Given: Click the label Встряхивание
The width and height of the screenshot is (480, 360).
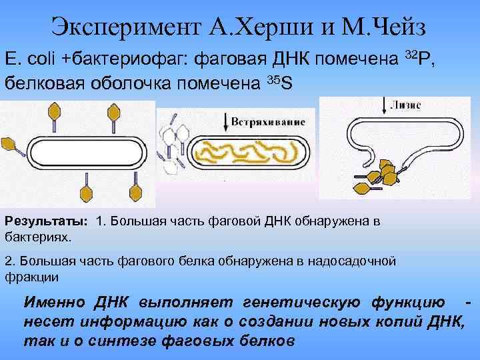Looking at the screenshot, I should (269, 122).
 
